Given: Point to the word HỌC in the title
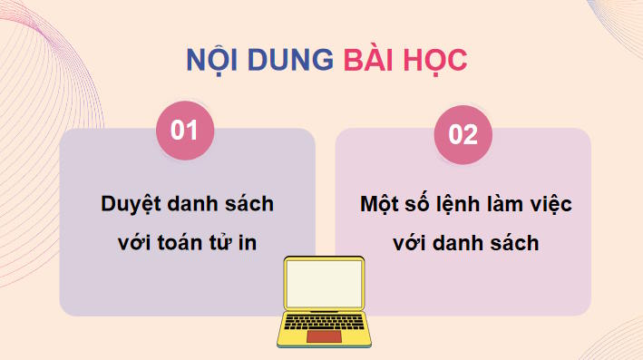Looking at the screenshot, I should (435, 60).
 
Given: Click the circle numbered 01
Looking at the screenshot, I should (185, 131).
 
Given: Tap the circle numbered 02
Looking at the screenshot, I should (463, 134).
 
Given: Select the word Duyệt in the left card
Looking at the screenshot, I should (130, 204).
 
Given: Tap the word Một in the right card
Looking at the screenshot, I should (381, 204).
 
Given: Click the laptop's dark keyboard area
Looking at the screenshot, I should (324, 322).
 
